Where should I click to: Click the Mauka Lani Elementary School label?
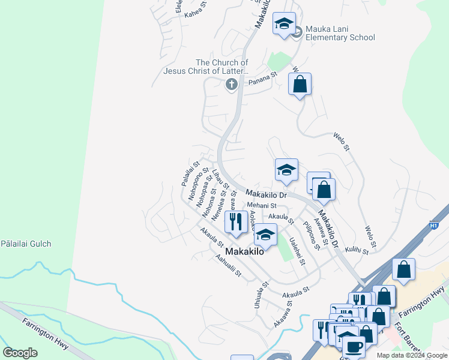(340, 32)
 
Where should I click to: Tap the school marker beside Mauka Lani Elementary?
(284, 25)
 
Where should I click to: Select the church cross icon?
(231, 85)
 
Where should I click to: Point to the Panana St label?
(262, 75)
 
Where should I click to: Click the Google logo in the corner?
(20, 352)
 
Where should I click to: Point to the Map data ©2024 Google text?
(412, 355)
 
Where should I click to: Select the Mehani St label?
(261, 205)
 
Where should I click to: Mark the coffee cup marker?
(353, 346)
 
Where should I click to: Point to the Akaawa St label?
(283, 311)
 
